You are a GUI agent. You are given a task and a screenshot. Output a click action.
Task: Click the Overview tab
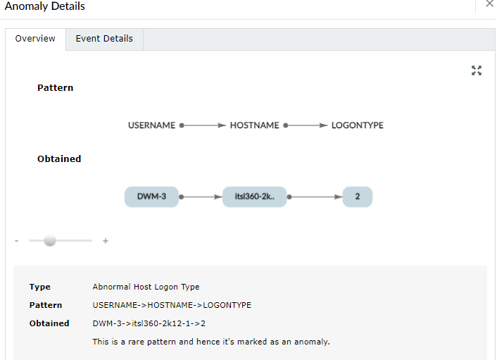35,39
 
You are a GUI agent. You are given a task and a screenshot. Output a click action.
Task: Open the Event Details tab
104,39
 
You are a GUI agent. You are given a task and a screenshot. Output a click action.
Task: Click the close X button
490,4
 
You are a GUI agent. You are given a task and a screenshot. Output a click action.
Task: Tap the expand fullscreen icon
477,70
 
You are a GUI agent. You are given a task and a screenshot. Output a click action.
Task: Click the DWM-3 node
151,197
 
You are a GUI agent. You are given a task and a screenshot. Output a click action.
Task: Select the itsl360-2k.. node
255,197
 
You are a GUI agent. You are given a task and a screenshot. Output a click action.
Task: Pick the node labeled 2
358,197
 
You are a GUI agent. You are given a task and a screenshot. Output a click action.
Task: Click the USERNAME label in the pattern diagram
151,125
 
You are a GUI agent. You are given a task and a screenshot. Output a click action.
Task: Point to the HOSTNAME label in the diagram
255,125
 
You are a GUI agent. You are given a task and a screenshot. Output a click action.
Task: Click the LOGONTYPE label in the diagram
358,125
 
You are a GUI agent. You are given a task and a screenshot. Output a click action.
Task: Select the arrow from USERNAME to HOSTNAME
203,125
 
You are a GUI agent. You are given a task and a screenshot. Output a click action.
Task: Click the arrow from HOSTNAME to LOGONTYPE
306,125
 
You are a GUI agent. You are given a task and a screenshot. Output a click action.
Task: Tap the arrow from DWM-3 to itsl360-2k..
201,197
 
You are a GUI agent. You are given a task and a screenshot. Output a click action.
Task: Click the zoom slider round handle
50,240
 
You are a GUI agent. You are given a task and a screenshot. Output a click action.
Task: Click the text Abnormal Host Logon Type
146,287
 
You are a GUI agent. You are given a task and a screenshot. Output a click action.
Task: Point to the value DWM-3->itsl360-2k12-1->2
149,323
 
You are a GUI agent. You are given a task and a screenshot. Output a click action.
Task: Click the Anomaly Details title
44,6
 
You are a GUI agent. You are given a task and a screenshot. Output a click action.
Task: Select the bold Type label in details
40,287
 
